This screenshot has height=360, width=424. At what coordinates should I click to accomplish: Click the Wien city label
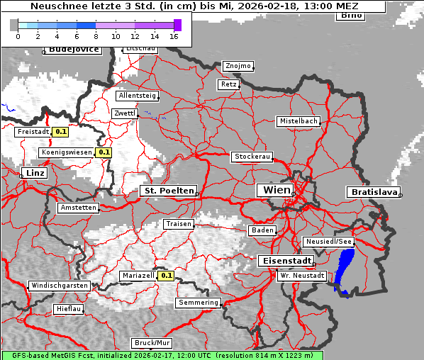tap(276, 190)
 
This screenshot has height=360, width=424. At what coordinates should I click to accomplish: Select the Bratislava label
tap(373, 192)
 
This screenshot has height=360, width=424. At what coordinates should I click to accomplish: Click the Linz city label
tap(33, 173)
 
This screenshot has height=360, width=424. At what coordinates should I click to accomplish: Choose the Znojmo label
tap(238, 66)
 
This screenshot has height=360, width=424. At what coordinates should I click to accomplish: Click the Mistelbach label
tap(298, 121)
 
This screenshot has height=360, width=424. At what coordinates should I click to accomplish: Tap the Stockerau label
tap(252, 157)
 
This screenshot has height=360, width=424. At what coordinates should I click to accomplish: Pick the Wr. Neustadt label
tap(302, 276)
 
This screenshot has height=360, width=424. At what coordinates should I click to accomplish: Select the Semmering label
tap(199, 303)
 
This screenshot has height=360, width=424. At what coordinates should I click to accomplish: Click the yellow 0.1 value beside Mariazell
tap(167, 276)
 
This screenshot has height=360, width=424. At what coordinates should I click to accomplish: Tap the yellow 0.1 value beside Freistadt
tap(61, 131)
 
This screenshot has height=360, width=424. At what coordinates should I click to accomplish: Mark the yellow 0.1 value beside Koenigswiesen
tap(104, 152)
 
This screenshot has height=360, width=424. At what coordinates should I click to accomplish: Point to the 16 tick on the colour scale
tap(174, 35)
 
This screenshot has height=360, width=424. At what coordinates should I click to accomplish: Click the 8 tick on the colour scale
tap(96, 35)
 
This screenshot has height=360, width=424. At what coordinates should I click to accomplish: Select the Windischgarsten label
tap(59, 286)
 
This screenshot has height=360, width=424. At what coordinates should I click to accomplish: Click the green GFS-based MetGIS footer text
tap(162, 355)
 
